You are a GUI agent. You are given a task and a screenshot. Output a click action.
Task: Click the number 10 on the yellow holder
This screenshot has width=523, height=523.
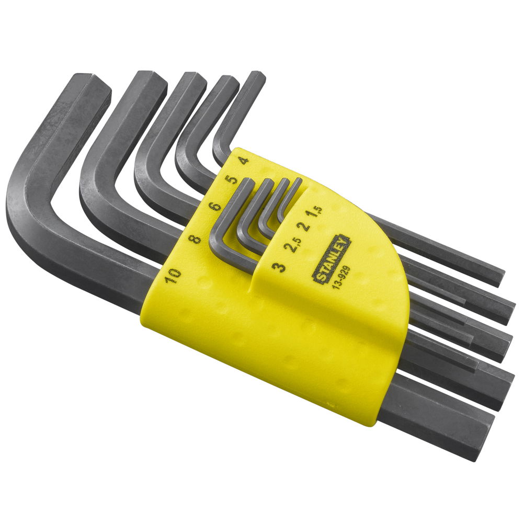pos(173,276)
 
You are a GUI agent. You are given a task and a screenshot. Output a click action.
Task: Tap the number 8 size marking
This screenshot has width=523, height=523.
pos(195,239)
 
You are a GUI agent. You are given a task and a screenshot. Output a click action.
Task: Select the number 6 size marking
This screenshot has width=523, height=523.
pos(215,207)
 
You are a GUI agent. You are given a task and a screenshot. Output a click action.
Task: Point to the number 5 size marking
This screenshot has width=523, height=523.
pos(231,179)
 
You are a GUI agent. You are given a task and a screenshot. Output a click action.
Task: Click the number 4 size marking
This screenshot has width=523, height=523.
pos(244,161)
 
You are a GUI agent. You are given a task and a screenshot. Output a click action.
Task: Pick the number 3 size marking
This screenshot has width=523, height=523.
pos(279,267)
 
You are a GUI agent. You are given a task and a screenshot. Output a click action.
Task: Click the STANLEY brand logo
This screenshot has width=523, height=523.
pos(331,259)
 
